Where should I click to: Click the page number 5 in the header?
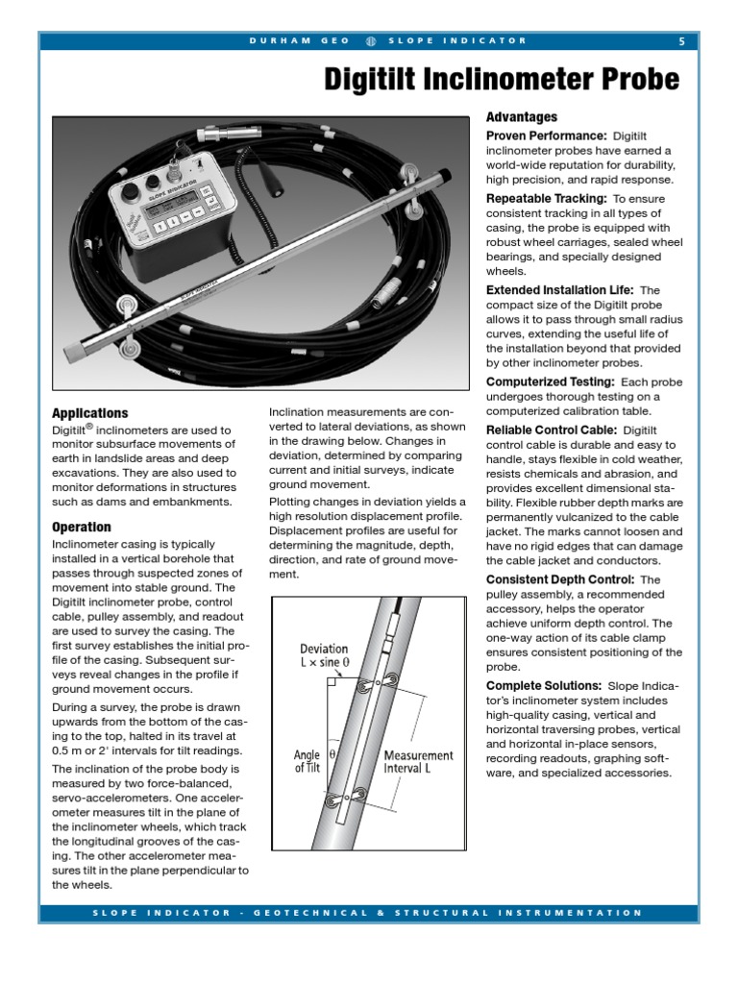coord(681,40)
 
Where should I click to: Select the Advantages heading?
coord(522,117)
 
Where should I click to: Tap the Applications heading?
coord(89,413)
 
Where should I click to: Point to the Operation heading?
coord(81,528)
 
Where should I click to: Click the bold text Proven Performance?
coord(546,136)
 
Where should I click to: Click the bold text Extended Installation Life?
coord(559,289)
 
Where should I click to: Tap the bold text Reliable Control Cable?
coord(552,430)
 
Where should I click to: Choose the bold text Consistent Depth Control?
coord(559,579)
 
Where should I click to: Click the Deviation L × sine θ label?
coord(324,656)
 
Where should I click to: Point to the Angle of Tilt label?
coord(307,761)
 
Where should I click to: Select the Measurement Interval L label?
coord(418,761)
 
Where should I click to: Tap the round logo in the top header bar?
coord(371,40)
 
